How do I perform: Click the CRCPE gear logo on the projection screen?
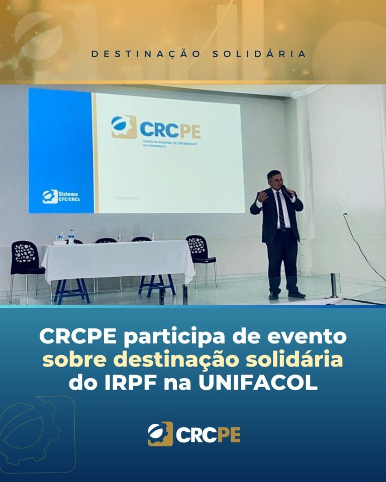click(123, 127)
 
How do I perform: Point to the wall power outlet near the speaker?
click(346, 215)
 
